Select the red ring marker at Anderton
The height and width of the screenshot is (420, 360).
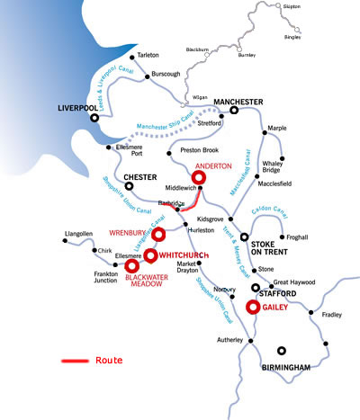pyautogui.click(x=199, y=178)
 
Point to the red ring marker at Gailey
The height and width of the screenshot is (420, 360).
pyautogui.click(x=254, y=308)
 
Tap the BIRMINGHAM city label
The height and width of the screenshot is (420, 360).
pyautogui.click(x=285, y=367)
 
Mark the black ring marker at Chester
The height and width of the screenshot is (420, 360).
pyautogui.click(x=129, y=187)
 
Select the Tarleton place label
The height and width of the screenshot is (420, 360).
pyautogui.click(x=148, y=53)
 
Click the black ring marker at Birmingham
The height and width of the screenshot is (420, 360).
pyautogui.click(x=282, y=351)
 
